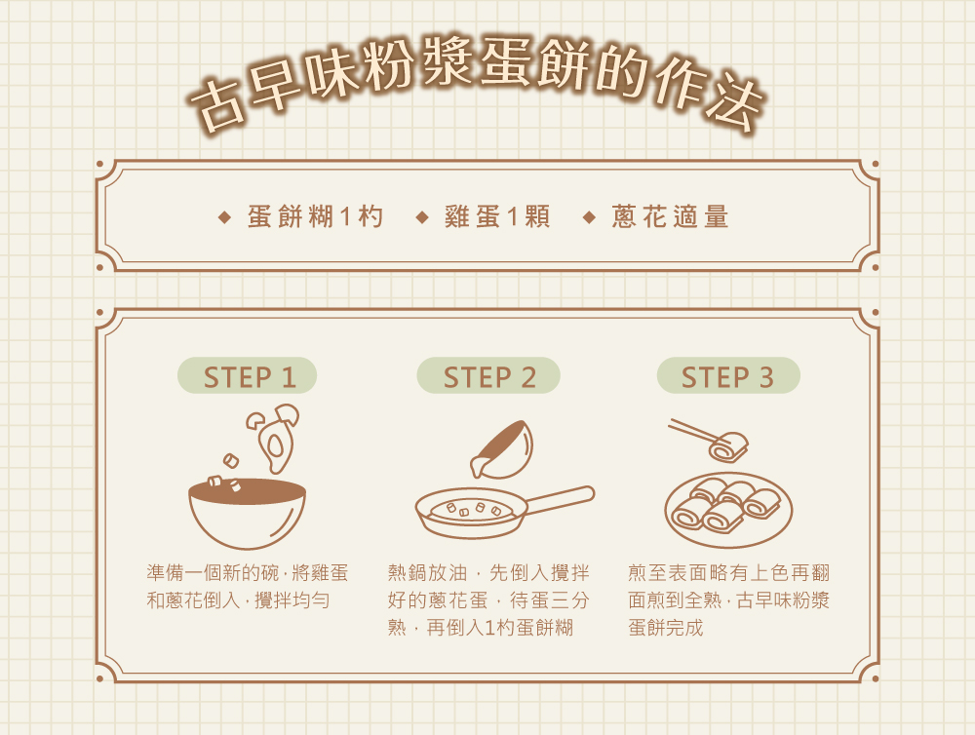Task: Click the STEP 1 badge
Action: tap(247, 375)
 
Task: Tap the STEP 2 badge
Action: tap(488, 375)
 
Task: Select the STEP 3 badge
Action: tap(728, 375)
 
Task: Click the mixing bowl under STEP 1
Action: tap(247, 513)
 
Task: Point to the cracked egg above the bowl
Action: tap(274, 437)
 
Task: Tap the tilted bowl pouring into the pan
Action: tap(503, 450)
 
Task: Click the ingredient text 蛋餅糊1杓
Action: tap(315, 217)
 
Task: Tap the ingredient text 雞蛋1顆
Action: tap(497, 217)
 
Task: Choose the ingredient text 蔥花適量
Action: tap(670, 217)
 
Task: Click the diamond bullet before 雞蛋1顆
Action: tap(423, 217)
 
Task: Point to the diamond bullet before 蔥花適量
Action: tap(590, 217)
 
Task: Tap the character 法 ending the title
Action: tap(735, 102)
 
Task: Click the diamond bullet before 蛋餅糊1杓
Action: tap(225, 217)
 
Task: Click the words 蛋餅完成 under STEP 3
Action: tap(665, 628)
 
